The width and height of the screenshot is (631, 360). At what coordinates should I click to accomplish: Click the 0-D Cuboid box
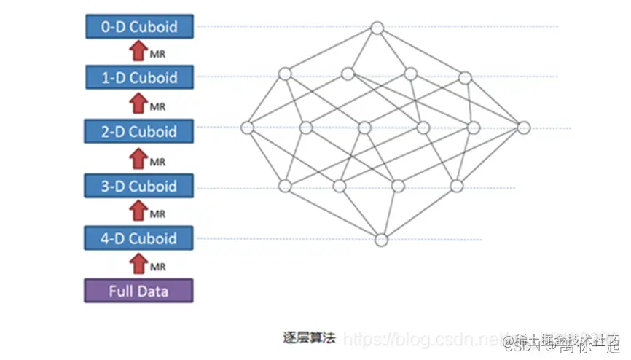(138, 27)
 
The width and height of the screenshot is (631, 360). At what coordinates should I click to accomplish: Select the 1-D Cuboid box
(138, 77)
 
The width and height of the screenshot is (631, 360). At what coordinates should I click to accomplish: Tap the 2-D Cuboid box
(138, 131)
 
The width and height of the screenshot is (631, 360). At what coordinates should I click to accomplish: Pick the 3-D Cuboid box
(138, 186)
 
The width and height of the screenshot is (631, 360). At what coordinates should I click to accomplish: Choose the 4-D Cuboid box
(138, 238)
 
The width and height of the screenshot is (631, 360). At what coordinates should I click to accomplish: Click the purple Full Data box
(138, 291)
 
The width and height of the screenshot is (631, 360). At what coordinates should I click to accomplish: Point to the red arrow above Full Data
(138, 264)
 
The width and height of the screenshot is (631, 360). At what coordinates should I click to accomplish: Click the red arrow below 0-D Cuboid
(138, 52)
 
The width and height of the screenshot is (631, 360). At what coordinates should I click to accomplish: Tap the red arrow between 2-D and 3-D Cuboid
(138, 159)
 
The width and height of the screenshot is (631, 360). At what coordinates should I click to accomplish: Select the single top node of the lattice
(377, 28)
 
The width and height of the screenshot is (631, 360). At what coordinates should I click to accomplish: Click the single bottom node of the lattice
(381, 238)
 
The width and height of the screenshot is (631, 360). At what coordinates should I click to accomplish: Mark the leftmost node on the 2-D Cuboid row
(247, 128)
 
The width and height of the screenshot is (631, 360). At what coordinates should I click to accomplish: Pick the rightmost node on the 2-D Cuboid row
(523, 127)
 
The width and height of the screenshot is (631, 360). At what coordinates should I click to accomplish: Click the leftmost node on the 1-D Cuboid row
(285, 74)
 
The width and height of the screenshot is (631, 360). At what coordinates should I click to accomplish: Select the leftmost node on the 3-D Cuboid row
(285, 186)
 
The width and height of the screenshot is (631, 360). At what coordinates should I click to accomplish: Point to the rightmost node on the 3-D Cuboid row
(457, 185)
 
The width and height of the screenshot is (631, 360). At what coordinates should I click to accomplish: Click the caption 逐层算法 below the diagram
(309, 337)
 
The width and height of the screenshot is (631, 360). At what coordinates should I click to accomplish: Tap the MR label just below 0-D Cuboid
(157, 55)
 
